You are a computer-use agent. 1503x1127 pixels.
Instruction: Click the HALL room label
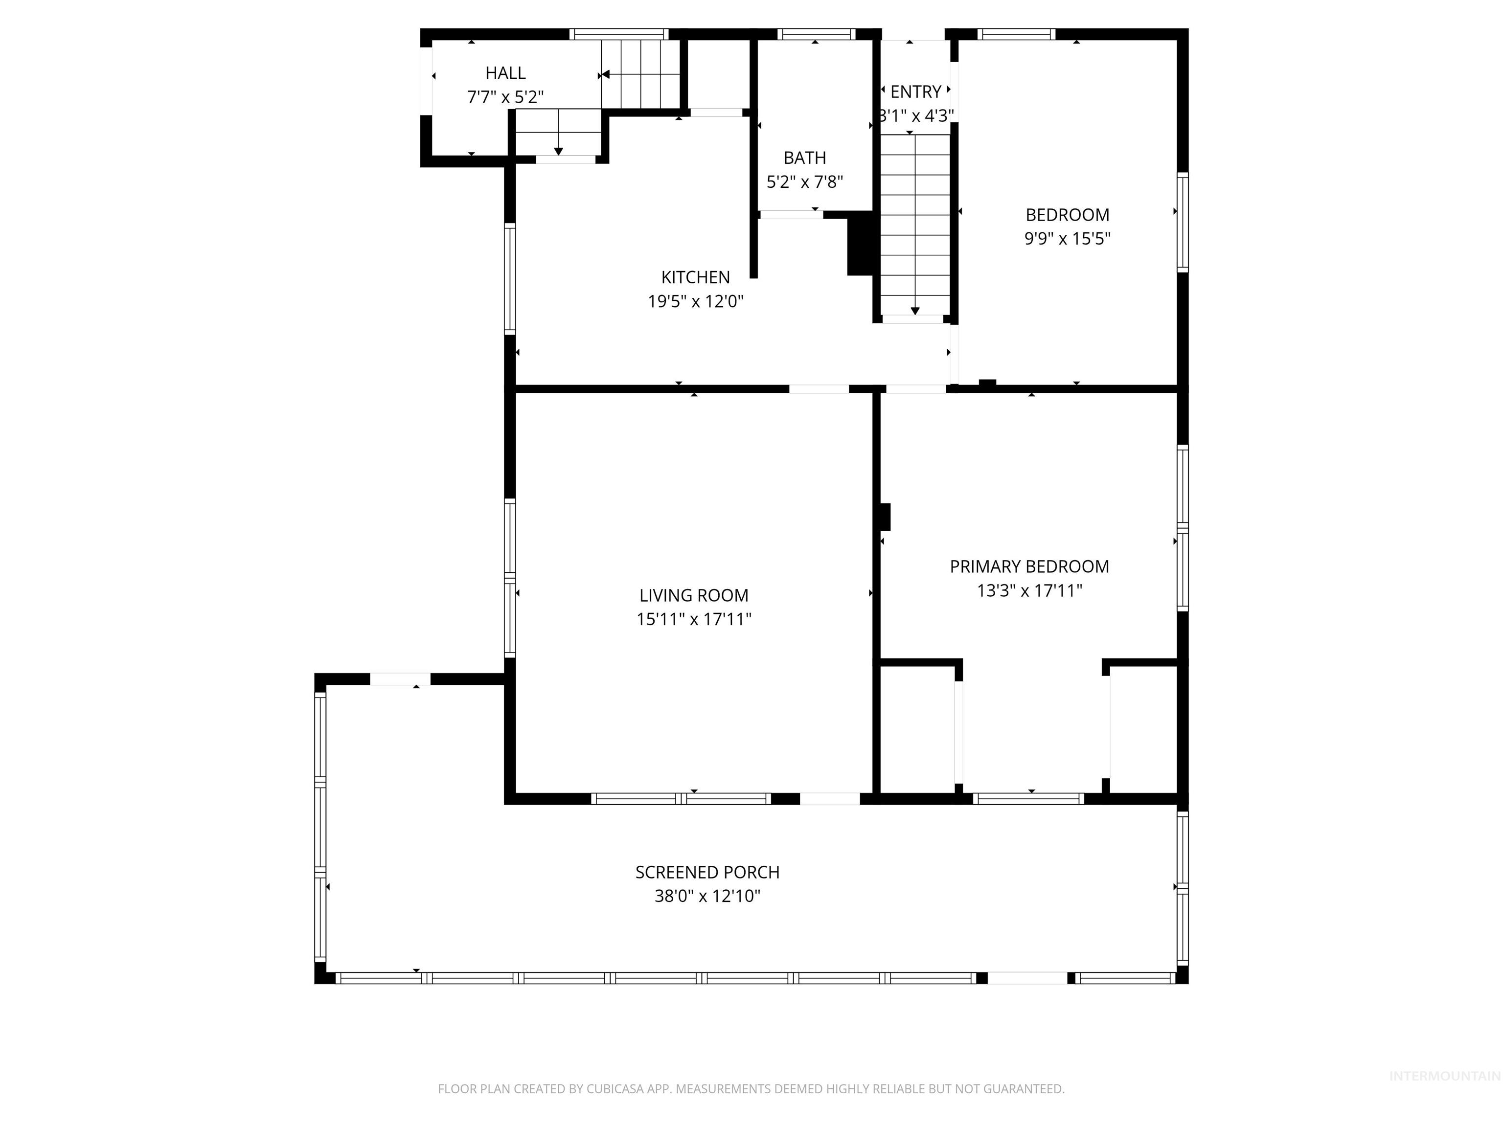coord(505,73)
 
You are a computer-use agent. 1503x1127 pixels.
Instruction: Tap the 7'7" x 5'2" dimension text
coord(505,97)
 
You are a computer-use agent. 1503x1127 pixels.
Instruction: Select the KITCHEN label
coord(695,277)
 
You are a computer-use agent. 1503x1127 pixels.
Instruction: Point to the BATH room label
coord(804,158)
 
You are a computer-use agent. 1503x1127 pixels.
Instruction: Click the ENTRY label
coord(915,91)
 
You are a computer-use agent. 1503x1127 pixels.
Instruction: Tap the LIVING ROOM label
coord(693,595)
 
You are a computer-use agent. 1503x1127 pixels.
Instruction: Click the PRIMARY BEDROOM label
coord(1029,566)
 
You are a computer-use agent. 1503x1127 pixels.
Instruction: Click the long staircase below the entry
coord(914,224)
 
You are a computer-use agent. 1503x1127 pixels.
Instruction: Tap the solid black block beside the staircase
coord(860,245)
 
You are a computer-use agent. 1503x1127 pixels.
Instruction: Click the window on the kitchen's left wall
coord(510,278)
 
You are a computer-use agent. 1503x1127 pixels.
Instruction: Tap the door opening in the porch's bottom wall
coord(1026,978)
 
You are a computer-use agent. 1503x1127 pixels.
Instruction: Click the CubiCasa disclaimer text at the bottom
coord(751,1089)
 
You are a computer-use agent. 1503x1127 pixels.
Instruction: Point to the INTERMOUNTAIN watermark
coord(1444,1076)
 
